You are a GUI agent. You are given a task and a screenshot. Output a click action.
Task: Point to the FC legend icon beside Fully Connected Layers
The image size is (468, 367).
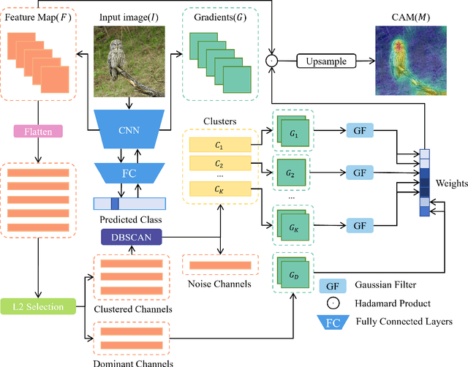(x=331, y=320)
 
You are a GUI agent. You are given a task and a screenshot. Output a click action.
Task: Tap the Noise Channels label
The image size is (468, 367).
(x=219, y=284)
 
